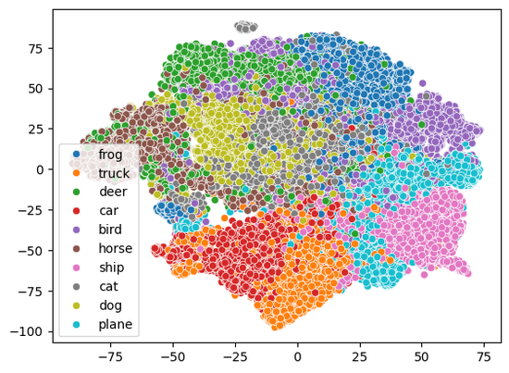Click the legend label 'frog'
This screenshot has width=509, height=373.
tap(110, 155)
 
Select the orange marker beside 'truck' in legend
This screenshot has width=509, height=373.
tap(76, 173)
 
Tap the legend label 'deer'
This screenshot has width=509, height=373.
tap(113, 192)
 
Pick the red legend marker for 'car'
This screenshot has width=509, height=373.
tap(76, 211)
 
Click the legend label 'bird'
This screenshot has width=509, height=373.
tap(110, 230)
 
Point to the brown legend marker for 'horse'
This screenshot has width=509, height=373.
tap(76, 249)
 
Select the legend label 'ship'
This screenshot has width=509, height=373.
tap(112, 267)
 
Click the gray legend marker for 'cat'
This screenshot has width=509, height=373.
tap(76, 287)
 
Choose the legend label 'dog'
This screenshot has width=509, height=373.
tap(111, 305)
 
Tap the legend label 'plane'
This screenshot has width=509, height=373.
tap(116, 324)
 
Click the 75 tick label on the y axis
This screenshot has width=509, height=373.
tap(35, 49)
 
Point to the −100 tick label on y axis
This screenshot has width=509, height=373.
tap(26, 331)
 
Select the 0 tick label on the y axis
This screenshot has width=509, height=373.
tap(40, 169)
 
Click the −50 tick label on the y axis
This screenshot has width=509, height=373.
tap(31, 251)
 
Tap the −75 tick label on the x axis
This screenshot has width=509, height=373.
tap(110, 357)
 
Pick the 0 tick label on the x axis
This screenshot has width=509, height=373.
tap(298, 357)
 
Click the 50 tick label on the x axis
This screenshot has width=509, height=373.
tap(422, 357)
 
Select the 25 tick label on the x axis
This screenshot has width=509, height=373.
tap(360, 357)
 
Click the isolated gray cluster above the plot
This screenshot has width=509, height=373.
tap(246, 27)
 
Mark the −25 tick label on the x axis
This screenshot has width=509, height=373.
tap(235, 357)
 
